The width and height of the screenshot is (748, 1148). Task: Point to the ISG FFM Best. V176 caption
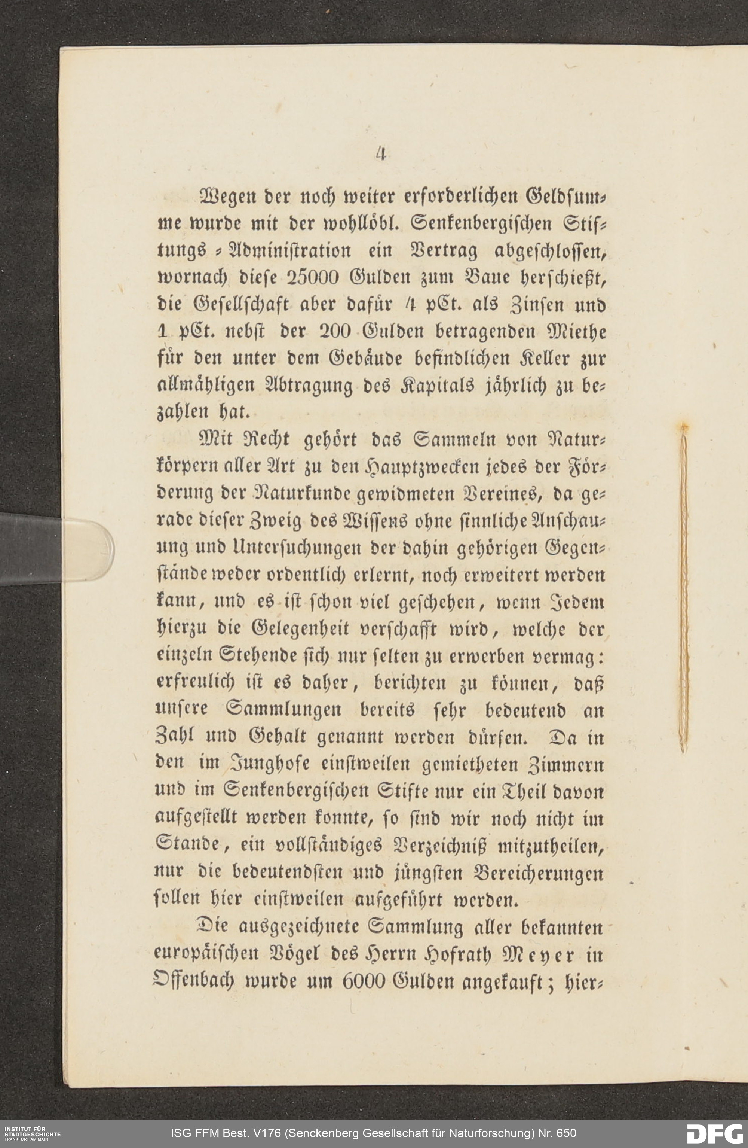tap(374, 1133)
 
